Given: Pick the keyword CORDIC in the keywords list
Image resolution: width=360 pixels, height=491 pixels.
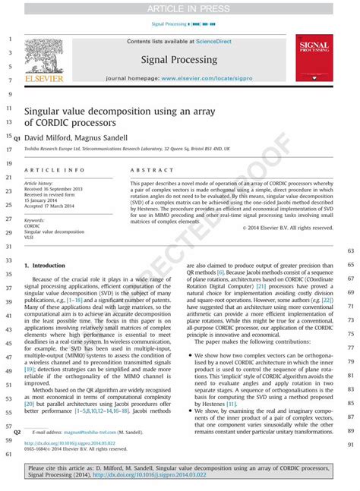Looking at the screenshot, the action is pos(32,226).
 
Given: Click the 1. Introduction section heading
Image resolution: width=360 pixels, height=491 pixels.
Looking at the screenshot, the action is pos(45,266).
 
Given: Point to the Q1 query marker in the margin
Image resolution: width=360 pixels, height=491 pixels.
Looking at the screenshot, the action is pos(17,137).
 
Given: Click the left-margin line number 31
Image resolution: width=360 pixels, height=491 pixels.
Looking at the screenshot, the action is pos(8,246).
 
